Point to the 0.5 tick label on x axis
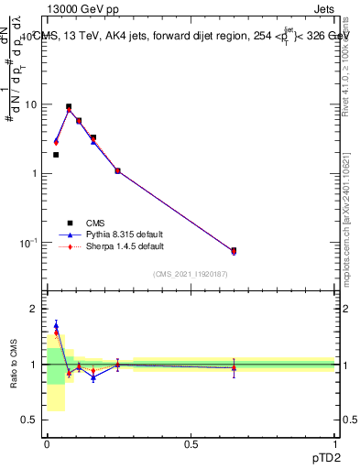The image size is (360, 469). pyautogui.click(x=191, y=443)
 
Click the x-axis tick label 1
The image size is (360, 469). pyautogui.click(x=335, y=443)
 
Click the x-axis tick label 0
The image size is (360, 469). pyautogui.click(x=47, y=443)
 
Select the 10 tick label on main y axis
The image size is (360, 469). pyautogui.click(x=30, y=104)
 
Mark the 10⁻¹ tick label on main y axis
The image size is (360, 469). pyautogui.click(x=28, y=243)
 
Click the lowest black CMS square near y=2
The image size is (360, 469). pyautogui.click(x=56, y=155)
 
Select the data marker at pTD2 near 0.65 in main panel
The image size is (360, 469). pyautogui.click(x=234, y=250)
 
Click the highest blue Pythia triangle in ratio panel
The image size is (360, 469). pyautogui.click(x=56, y=325)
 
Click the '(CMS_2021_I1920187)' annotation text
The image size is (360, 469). pyautogui.click(x=190, y=273)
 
